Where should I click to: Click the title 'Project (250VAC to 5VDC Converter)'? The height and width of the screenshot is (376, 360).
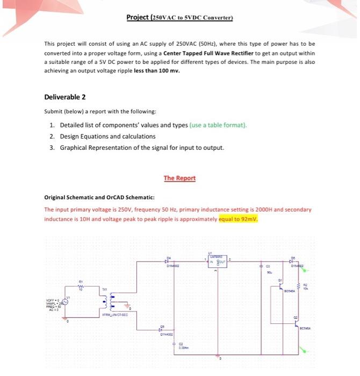click(179, 17)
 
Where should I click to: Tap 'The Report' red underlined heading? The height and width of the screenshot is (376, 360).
click(179, 178)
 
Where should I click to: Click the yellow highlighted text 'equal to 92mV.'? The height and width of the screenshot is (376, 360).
click(239, 219)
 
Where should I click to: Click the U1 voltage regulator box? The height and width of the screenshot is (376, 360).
click(217, 262)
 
